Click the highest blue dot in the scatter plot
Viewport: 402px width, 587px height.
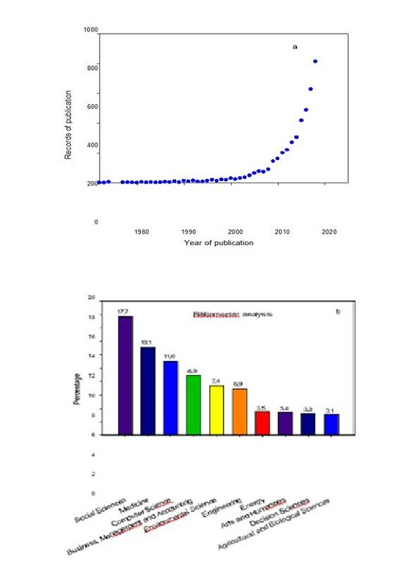pyautogui.click(x=315, y=62)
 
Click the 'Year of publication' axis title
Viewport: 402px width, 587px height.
pyautogui.click(x=219, y=243)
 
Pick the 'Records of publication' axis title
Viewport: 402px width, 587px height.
pyautogui.click(x=68, y=125)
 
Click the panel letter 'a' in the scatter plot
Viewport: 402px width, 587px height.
pyautogui.click(x=295, y=47)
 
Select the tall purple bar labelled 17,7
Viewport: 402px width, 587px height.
pyautogui.click(x=125, y=375)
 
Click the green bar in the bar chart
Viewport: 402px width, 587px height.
pyautogui.click(x=194, y=404)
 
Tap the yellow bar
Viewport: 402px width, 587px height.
pyautogui.click(x=216, y=409)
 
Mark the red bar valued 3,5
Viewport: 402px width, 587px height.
pyautogui.click(x=263, y=423)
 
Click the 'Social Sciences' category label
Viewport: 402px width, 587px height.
pyautogui.click(x=100, y=511)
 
